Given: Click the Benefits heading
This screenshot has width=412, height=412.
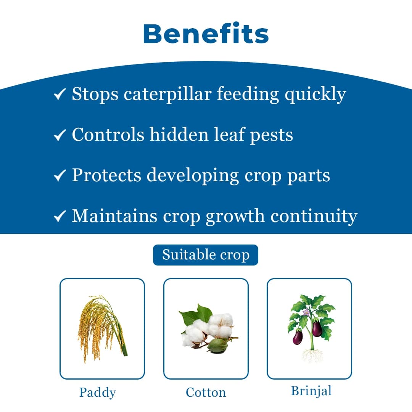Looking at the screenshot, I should (x=206, y=34).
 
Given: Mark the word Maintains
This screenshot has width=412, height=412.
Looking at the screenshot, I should (x=115, y=216).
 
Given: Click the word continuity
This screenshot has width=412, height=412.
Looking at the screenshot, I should (x=314, y=216).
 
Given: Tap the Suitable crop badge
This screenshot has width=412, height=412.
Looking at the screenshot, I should (x=206, y=255).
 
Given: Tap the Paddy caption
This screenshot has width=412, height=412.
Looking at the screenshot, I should (x=98, y=392).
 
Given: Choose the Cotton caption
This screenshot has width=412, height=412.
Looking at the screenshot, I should (x=206, y=392).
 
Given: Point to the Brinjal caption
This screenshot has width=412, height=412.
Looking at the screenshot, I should (x=311, y=391).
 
